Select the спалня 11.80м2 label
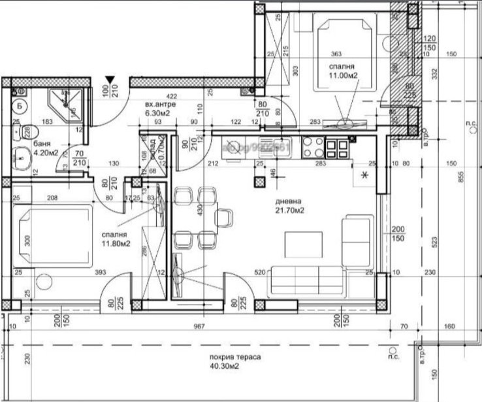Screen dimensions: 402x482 (115, 239)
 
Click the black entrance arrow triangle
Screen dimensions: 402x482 (110, 80)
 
